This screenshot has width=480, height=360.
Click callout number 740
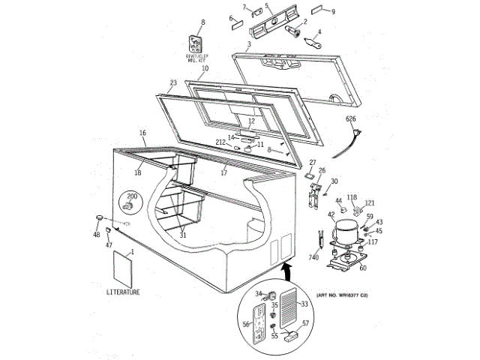tap(313, 258)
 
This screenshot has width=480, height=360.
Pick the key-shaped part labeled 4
tap(310, 43)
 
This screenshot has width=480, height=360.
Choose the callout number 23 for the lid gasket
tap(172, 83)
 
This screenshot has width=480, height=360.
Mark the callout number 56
tap(245, 325)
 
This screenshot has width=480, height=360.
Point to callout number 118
tap(352, 197)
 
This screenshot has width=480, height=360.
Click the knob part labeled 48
tap(98, 217)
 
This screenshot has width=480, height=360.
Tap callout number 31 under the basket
tap(182, 235)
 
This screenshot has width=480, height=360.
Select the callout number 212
tap(221, 142)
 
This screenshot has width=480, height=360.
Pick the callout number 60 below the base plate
tap(363, 268)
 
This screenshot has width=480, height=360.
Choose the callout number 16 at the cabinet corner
tap(142, 133)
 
